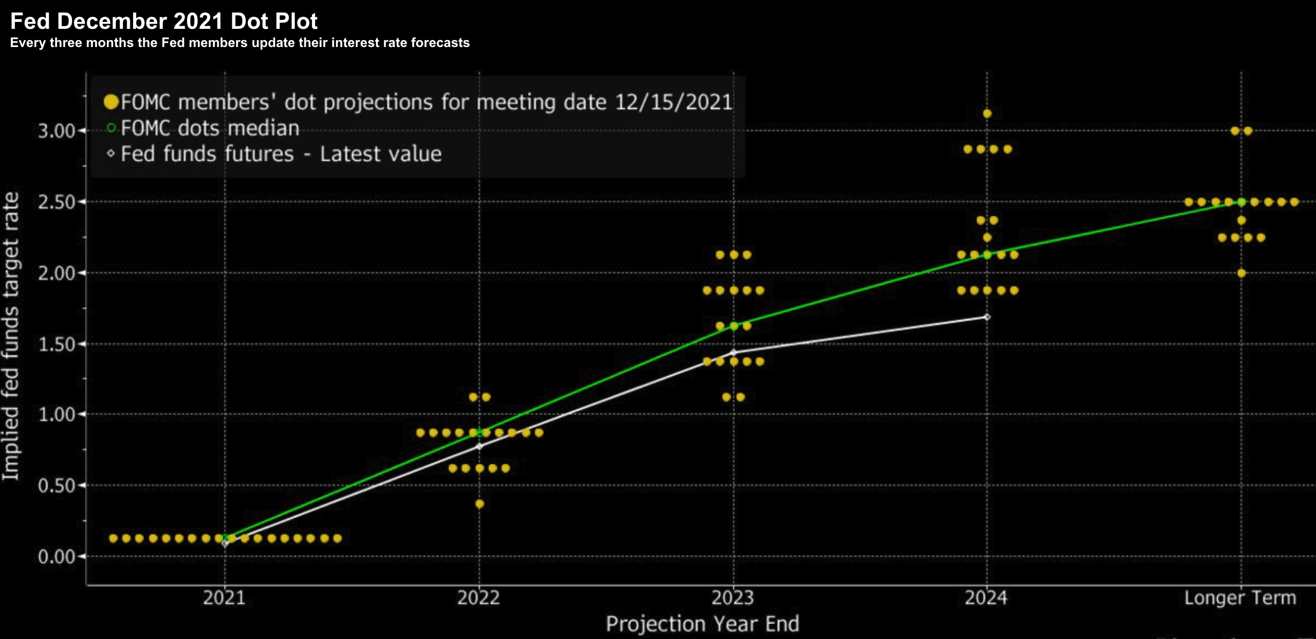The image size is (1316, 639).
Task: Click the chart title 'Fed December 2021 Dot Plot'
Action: coord(163,21)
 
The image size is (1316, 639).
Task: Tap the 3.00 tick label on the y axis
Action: coord(57,131)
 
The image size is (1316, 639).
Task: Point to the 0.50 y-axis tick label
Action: coord(57,486)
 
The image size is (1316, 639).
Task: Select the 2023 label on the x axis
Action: coord(733,597)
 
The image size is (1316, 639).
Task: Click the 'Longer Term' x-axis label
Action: coord(1240,597)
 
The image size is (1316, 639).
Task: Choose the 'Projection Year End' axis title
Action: coord(702,624)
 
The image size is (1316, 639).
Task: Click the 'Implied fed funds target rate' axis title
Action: coord(11,337)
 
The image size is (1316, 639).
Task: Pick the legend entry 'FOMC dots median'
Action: coord(209,128)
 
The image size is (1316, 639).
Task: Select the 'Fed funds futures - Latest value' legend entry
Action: coord(281,154)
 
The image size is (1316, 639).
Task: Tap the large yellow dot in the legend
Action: coord(111,102)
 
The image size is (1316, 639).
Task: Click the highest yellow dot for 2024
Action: coord(987,114)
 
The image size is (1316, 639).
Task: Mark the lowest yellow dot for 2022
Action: coord(480,504)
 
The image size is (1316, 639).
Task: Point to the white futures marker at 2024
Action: coord(987,317)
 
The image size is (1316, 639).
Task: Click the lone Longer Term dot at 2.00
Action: coord(1242,273)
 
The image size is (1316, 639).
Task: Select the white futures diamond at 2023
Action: coord(734,353)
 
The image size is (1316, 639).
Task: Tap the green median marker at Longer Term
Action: coord(1242,202)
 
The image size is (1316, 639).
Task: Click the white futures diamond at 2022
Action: coord(479,446)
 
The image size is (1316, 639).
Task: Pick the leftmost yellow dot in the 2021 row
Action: coord(113,538)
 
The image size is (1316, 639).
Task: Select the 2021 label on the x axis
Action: coord(224,597)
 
